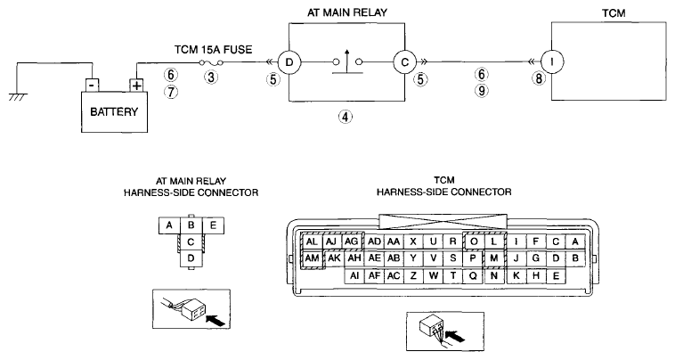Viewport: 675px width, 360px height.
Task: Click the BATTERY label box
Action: pos(115,111)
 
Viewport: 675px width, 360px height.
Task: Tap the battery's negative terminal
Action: pos(92,85)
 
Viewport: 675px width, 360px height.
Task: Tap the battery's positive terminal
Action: pos(136,86)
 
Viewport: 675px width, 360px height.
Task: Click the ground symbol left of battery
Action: pos(17,96)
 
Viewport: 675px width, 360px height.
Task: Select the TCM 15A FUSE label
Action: pos(213,50)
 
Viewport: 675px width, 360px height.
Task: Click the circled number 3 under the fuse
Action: pos(211,78)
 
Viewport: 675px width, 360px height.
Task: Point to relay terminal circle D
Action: pos(289,62)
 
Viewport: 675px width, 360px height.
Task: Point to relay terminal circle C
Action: pos(404,62)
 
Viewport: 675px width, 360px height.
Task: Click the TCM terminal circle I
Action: pos(552,62)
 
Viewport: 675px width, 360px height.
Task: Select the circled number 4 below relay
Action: pos(346,116)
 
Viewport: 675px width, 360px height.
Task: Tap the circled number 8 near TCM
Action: pos(539,78)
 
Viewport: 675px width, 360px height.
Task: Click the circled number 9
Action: pos(482,90)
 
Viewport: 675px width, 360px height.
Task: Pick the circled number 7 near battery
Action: pos(171,92)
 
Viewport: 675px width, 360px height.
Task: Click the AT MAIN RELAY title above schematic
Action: pos(347,12)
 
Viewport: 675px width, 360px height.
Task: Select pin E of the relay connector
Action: pos(213,225)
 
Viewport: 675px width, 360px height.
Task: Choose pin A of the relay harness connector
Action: pos(169,225)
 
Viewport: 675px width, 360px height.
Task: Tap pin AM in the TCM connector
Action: pos(312,258)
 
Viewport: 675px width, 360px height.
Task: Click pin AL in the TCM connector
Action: pos(312,241)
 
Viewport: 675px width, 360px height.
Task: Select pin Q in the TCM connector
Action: pos(473,275)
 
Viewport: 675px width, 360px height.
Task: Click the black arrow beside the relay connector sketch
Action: pos(216,320)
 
